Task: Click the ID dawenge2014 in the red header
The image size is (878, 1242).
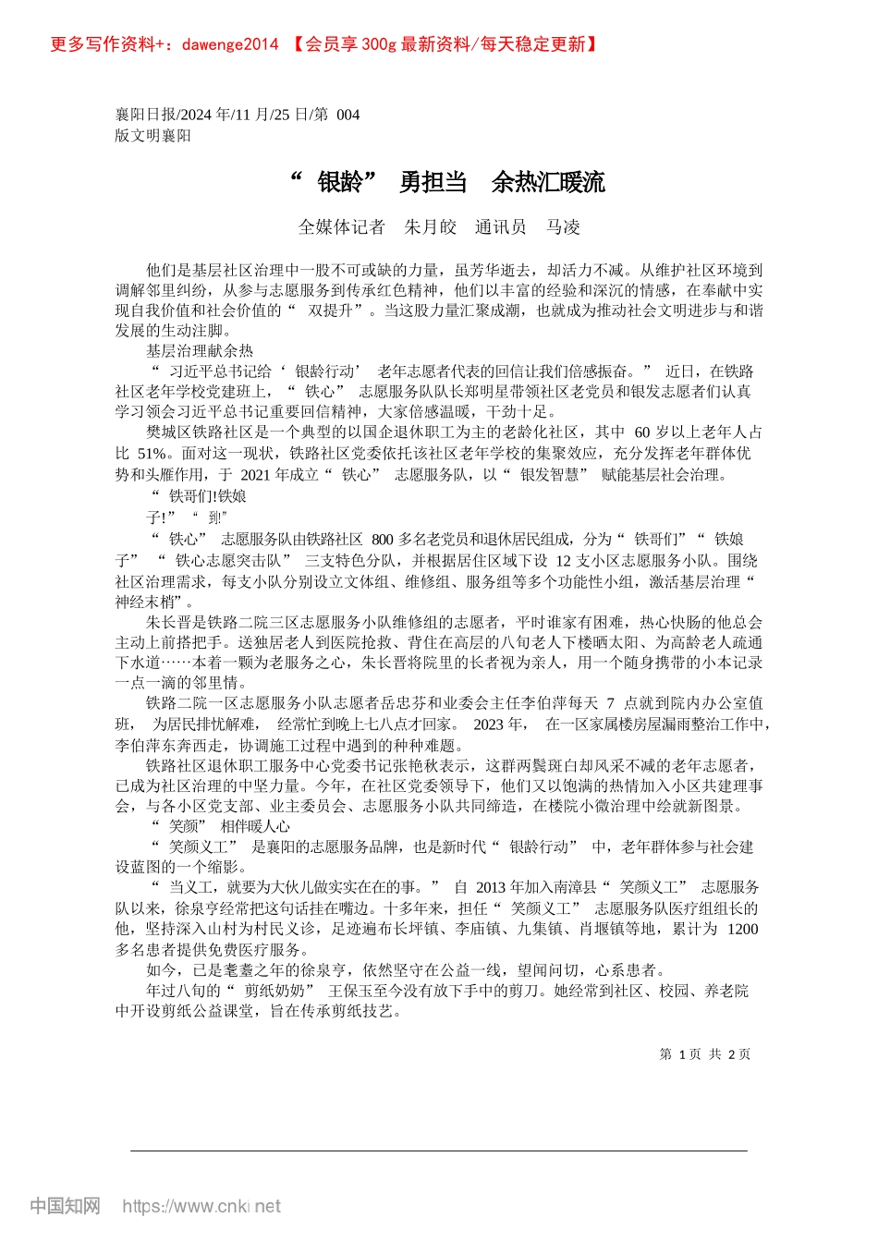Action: coord(230,44)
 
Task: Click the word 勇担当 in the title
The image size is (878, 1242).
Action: coord(433,183)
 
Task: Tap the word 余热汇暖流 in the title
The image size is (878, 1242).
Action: coord(548,183)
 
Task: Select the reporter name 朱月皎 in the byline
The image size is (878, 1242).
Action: coord(431,227)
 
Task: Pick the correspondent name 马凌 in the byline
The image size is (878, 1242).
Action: coord(563,227)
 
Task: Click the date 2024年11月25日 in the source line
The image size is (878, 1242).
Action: coord(236,115)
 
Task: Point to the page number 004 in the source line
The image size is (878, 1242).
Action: coord(348,115)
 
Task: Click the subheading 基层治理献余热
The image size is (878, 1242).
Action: coord(200,351)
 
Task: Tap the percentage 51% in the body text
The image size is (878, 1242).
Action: coord(152,454)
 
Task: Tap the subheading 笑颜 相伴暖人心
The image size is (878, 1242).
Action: coord(220,827)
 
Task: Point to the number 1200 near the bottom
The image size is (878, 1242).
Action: coord(741,930)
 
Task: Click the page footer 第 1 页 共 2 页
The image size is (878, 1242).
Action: coord(704,1054)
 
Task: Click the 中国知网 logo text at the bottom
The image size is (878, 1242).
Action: coord(65,1206)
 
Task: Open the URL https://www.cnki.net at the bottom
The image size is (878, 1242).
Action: coord(201,1206)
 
